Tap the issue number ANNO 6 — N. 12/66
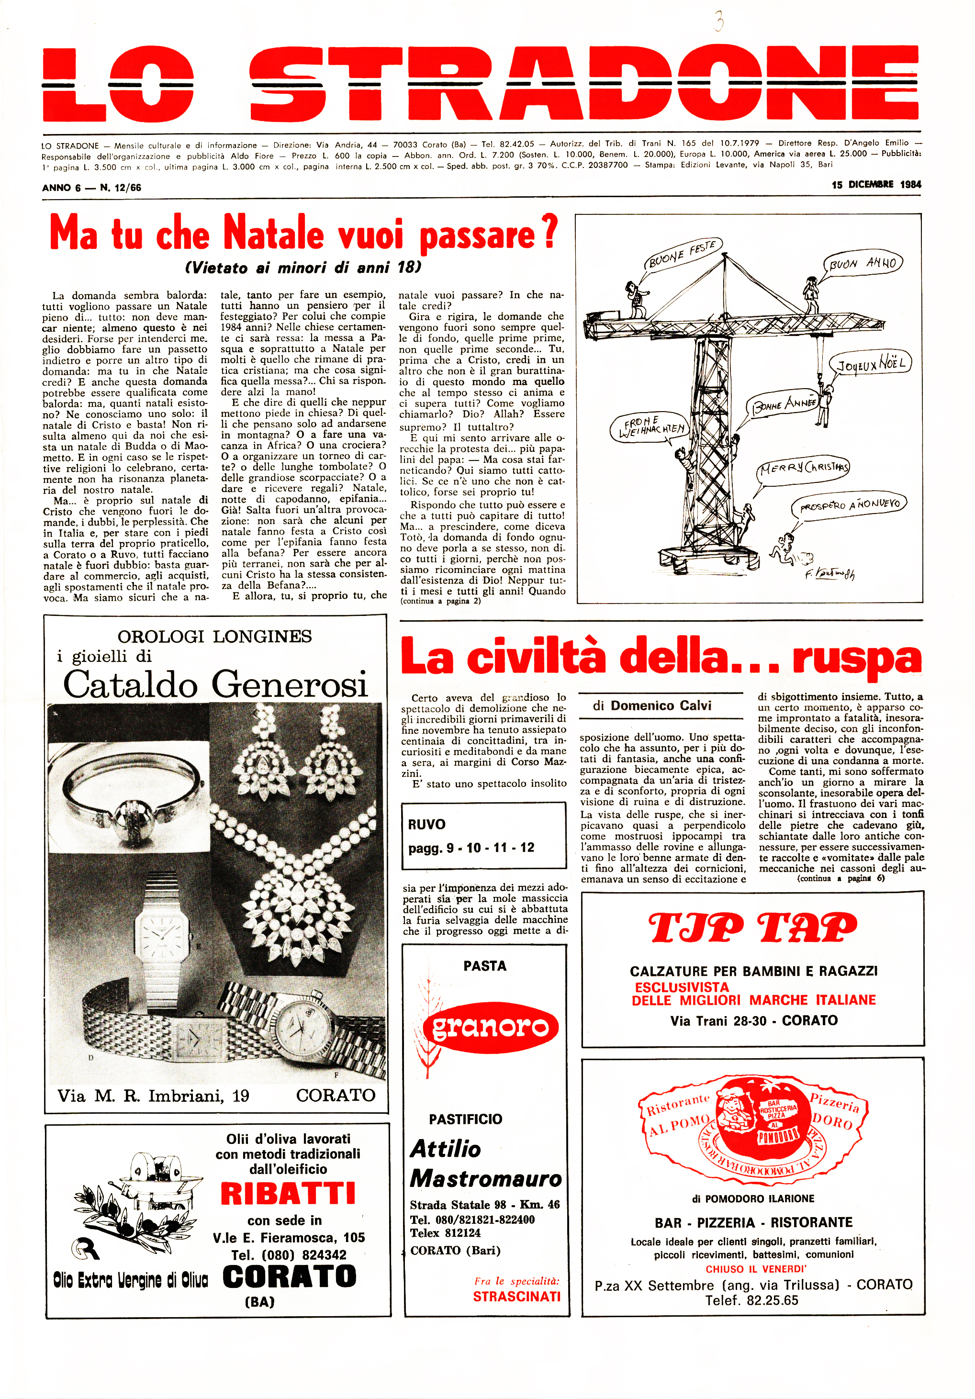coord(91,188)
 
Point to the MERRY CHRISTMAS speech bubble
coord(803,468)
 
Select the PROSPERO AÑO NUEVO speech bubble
coord(848,504)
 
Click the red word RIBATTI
coord(288,1194)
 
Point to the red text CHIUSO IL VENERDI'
coord(756,1269)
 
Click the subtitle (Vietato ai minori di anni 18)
coord(303,268)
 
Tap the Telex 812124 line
coord(445,1232)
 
